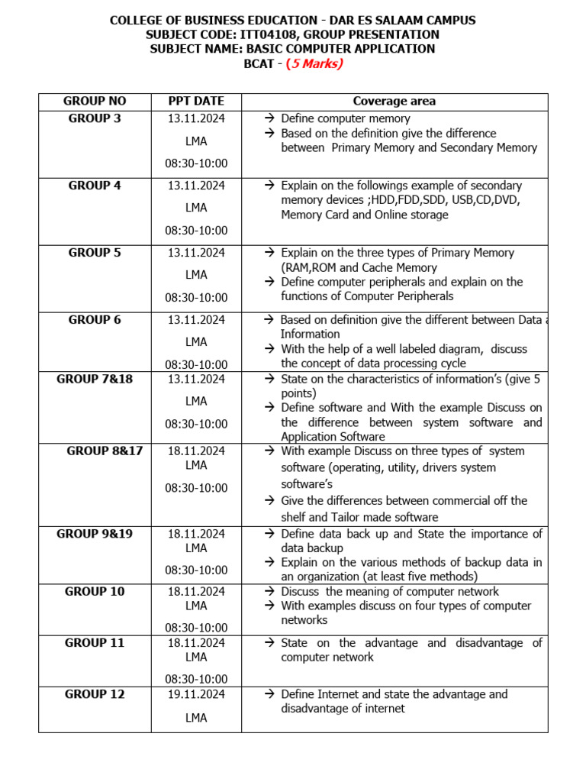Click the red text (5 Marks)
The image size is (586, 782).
[x=314, y=63]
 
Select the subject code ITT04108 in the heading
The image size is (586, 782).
[x=243, y=34]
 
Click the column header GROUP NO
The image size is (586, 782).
[x=95, y=101]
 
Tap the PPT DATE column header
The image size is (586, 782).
[x=196, y=101]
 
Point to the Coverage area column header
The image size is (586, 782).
[x=394, y=101]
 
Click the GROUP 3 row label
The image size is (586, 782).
[x=95, y=118]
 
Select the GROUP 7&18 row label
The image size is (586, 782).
[x=95, y=379]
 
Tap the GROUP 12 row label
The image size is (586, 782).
[x=95, y=694]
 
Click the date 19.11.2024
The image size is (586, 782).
[x=196, y=694]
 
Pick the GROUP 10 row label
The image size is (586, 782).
[x=95, y=591]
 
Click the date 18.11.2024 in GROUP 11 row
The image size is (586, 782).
[x=196, y=643]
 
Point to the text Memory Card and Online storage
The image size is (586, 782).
[x=364, y=215]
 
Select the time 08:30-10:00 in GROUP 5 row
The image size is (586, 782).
[x=196, y=297]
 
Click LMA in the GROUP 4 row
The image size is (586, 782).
[x=196, y=208]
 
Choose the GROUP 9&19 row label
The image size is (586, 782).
[x=95, y=534]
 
